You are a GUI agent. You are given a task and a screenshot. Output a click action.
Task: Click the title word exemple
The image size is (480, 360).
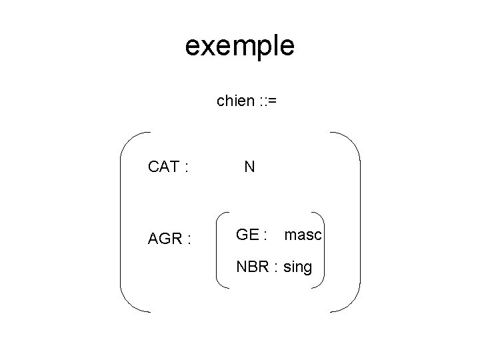coord(239,47)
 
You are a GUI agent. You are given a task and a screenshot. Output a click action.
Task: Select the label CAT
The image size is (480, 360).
coord(163,167)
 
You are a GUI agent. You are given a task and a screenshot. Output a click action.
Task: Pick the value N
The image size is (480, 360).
coord(249,167)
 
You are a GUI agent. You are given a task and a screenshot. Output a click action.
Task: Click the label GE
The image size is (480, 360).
coord(248,235)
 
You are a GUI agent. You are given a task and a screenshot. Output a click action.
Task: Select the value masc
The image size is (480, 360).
coord(303,235)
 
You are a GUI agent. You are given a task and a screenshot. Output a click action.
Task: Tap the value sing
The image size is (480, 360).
coord(297,268)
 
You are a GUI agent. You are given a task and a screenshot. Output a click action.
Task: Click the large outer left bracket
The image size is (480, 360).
coord(122,222)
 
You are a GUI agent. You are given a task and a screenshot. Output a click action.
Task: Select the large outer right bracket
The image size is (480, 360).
coord(359,222)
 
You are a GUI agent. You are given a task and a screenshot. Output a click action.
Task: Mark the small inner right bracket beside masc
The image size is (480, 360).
coord(323,250)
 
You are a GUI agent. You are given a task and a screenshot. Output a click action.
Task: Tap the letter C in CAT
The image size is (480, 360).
coord(153,167)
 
